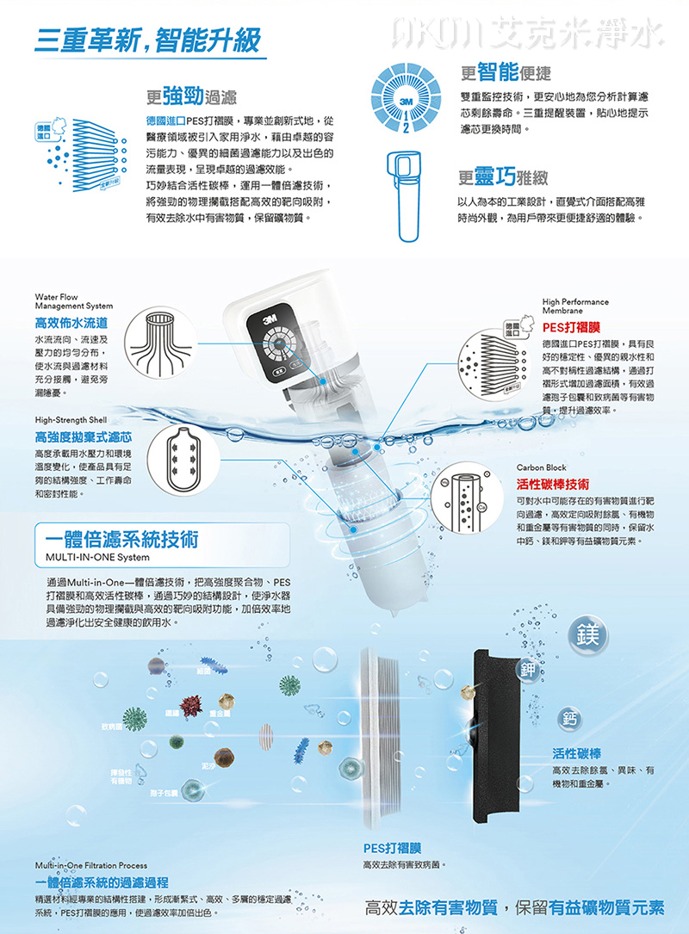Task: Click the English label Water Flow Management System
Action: click(x=73, y=301)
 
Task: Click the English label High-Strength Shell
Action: click(x=71, y=419)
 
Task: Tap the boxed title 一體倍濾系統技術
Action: click(x=121, y=539)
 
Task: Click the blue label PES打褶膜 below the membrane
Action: click(x=391, y=847)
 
